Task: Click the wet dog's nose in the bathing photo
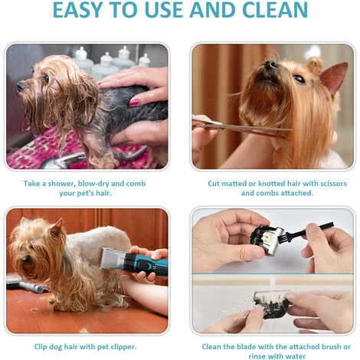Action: (21, 87)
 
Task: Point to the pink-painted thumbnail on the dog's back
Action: (134, 103)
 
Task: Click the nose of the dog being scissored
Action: (270, 64)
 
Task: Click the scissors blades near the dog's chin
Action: (255, 129)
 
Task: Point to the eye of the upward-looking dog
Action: (299, 79)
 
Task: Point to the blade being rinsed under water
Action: (272, 304)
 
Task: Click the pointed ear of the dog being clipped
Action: (57, 227)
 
